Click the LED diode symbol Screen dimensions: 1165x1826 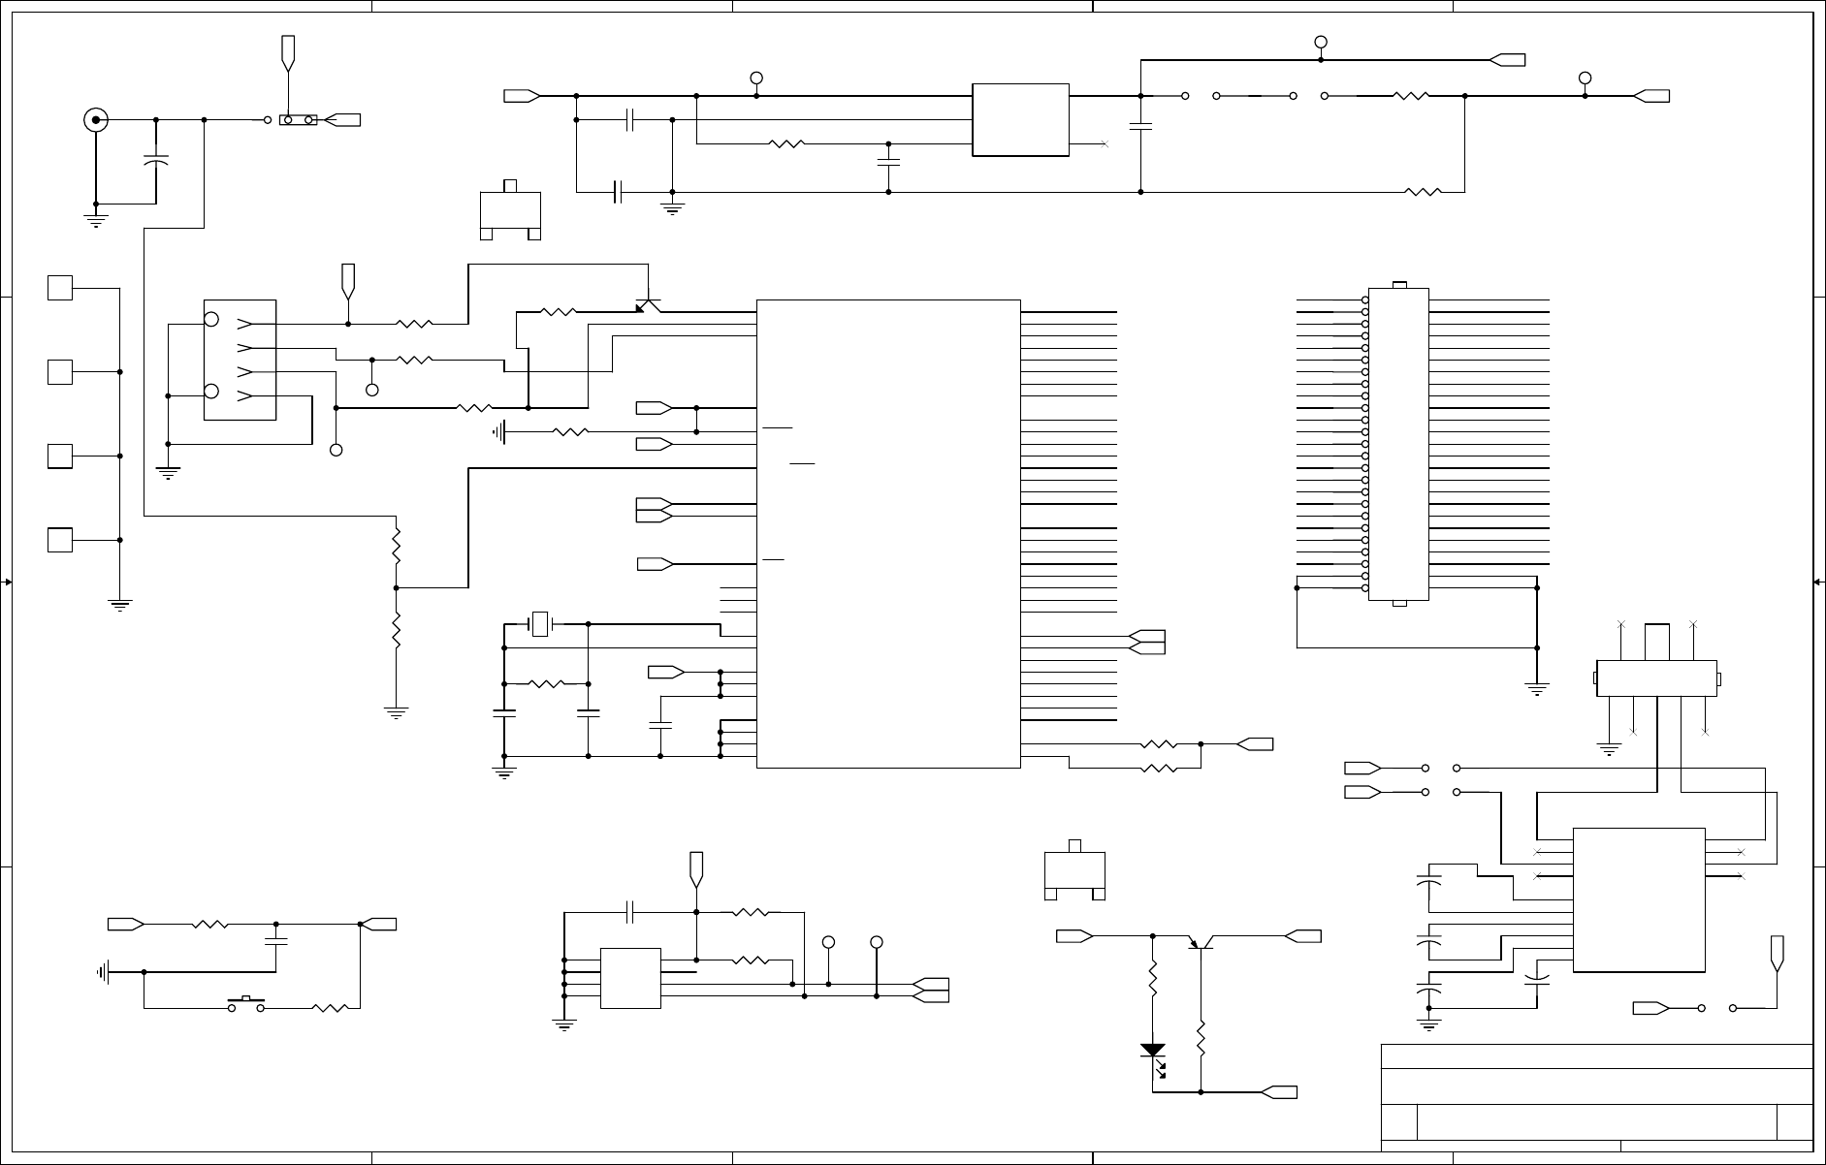click(x=1153, y=1052)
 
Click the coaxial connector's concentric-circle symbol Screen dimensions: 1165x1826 click(x=96, y=120)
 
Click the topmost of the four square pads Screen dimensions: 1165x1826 click(x=60, y=288)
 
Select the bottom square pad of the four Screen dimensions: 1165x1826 click(x=60, y=540)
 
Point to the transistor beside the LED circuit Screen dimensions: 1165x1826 click(x=1201, y=941)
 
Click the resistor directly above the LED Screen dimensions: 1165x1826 click(x=1153, y=981)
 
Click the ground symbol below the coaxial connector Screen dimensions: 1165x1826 click(x=96, y=219)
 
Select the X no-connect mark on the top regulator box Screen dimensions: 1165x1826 click(x=1105, y=144)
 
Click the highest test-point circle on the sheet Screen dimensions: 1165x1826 click(x=1320, y=42)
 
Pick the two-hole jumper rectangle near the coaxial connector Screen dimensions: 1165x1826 click(x=298, y=120)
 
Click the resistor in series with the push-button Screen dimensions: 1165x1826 click(x=331, y=1008)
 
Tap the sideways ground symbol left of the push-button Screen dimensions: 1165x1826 click(x=103, y=971)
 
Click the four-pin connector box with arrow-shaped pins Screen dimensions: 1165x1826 click(x=240, y=360)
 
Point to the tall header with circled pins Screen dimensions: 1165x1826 click(x=1397, y=444)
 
